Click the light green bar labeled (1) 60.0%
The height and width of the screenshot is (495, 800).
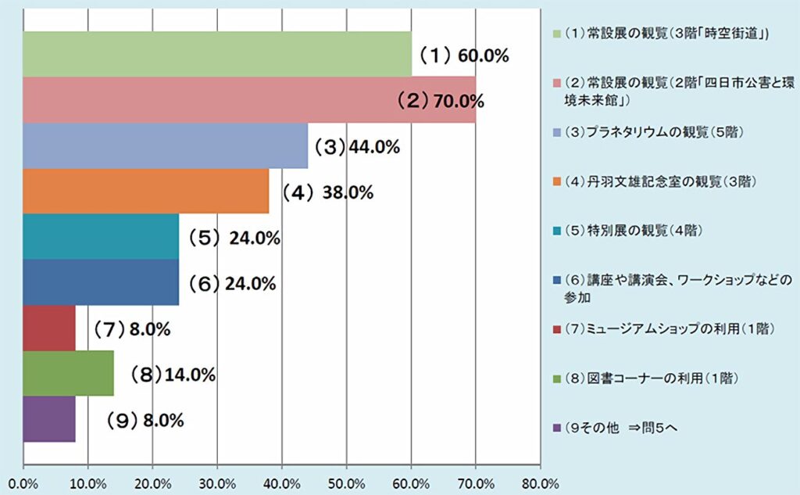point(217,54)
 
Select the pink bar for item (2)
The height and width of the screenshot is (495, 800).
point(249,100)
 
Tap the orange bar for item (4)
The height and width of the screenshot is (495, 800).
point(146,191)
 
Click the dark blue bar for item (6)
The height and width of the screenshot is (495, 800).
point(101,282)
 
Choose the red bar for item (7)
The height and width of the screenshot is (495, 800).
point(49,328)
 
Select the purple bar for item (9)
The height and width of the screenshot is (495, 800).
point(49,420)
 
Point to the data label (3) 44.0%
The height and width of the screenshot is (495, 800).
point(357,146)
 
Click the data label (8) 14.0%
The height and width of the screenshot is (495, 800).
point(173,375)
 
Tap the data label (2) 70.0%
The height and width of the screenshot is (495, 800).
point(440,101)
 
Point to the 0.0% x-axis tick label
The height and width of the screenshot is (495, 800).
point(23,482)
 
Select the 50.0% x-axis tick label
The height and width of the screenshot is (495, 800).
point(346,482)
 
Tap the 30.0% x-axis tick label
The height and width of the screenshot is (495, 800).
point(217,482)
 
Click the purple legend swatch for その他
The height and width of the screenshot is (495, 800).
point(556,428)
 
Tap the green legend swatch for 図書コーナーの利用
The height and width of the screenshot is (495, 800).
point(556,378)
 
